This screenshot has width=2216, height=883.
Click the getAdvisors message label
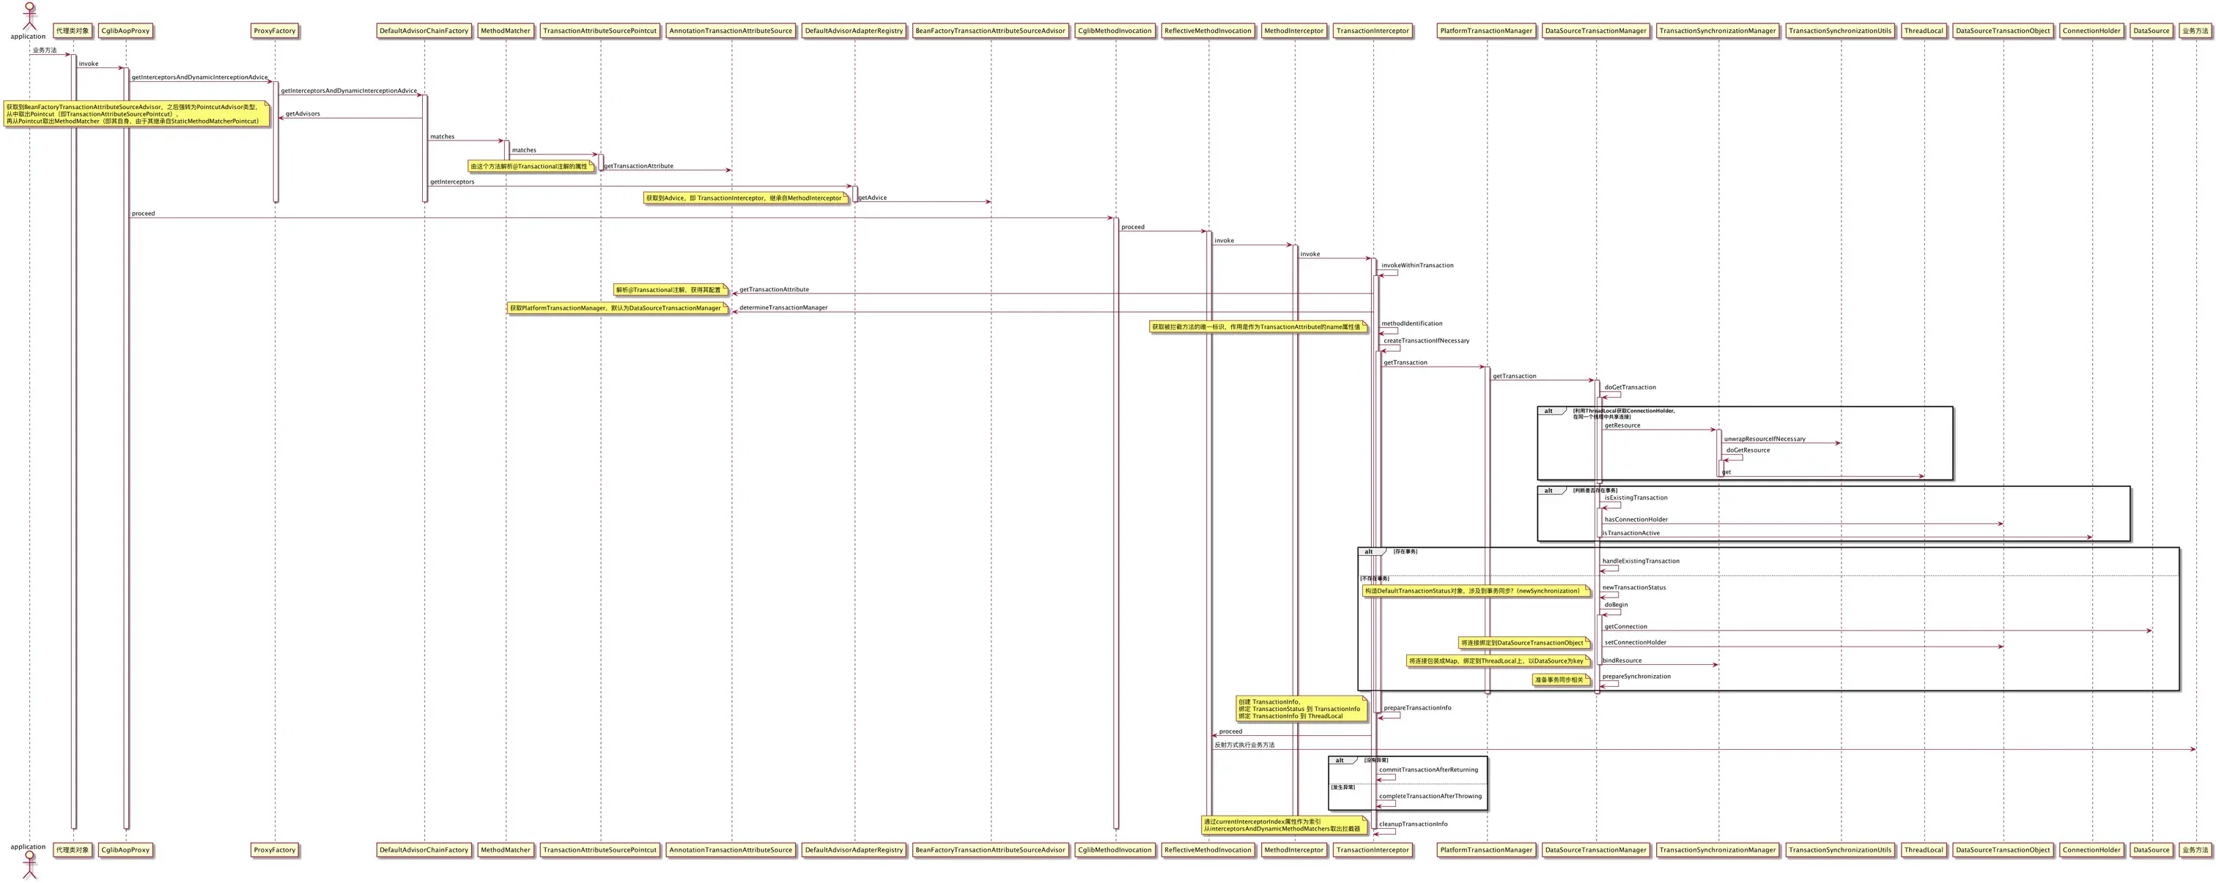tap(303, 113)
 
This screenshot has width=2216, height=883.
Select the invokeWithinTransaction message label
tap(1417, 266)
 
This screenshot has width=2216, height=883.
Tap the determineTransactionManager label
tap(783, 308)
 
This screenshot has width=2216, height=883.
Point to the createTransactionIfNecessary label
tap(1426, 341)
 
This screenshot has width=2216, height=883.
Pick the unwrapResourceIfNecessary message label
tap(1765, 439)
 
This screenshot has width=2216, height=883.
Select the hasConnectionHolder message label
tap(1636, 520)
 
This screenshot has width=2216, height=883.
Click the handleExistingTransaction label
tap(1641, 562)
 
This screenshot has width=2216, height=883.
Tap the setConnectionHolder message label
tap(1634, 643)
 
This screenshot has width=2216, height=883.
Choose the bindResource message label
tap(1622, 661)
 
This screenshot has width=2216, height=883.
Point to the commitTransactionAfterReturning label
tap(1428, 770)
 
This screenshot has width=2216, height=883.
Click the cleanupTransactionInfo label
tap(1413, 824)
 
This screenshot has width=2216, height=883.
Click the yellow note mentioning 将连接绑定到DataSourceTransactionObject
tap(1523, 643)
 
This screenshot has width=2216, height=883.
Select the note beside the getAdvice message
tap(745, 198)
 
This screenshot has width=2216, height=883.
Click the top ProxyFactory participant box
tap(274, 31)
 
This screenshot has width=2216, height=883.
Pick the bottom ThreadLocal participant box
tap(1924, 850)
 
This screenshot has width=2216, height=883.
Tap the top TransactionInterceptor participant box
tap(1372, 31)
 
